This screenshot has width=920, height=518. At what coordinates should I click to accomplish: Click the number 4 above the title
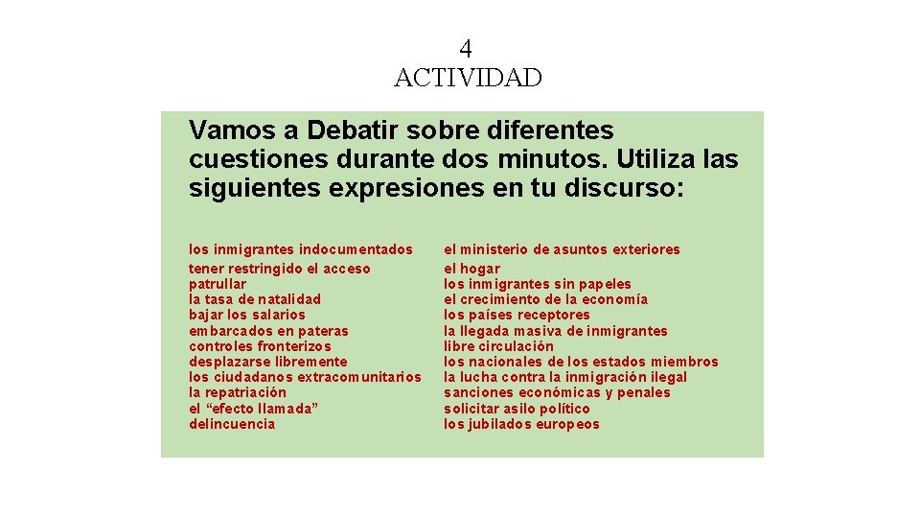click(x=466, y=48)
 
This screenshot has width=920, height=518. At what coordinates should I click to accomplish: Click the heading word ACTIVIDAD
click(x=468, y=78)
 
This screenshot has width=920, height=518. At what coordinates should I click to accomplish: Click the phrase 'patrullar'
click(x=218, y=284)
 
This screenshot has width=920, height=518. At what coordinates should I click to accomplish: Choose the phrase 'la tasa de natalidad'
click(x=255, y=299)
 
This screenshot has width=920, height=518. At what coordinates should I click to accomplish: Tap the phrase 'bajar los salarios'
click(x=247, y=315)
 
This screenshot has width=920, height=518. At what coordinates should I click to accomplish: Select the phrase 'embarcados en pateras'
click(x=269, y=331)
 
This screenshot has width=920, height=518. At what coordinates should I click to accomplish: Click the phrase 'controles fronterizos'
click(x=261, y=346)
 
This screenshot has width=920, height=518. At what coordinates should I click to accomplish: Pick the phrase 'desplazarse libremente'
click(x=268, y=362)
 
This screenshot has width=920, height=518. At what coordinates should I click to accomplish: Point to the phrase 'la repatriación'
click(x=238, y=392)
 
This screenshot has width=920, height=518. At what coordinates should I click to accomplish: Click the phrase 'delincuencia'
click(x=232, y=424)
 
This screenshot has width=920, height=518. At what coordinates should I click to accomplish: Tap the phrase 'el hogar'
click(x=471, y=269)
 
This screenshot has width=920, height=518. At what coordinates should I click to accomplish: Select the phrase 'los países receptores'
click(x=517, y=315)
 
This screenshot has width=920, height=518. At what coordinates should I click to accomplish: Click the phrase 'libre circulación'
click(x=498, y=346)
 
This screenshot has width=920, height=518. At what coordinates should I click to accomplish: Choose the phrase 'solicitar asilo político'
click(x=517, y=409)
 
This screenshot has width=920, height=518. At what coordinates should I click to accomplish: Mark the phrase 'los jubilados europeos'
click(x=521, y=424)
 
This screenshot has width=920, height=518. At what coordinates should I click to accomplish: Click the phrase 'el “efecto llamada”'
click(x=253, y=409)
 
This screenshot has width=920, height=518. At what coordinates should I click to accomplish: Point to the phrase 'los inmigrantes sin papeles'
click(x=537, y=284)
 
